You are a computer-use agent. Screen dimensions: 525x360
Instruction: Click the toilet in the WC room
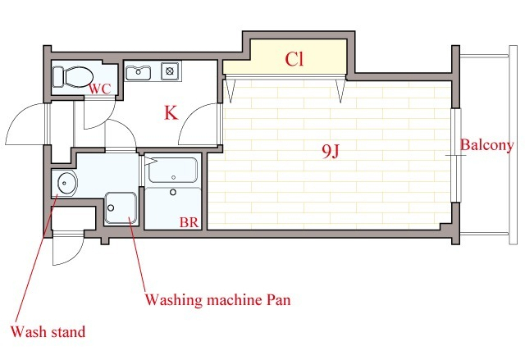pyautogui.click(x=73, y=76)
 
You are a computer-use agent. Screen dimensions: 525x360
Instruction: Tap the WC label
pyautogui.click(x=99, y=89)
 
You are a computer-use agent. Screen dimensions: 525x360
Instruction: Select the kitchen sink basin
pyautogui.click(x=138, y=73)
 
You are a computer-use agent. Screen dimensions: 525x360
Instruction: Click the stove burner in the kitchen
pyautogui.click(x=170, y=71)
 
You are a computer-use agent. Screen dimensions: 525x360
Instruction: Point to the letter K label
pyautogui.click(x=171, y=112)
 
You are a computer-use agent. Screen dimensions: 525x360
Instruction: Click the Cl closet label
pyautogui.click(x=294, y=59)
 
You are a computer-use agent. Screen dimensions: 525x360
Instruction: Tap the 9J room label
pyautogui.click(x=331, y=151)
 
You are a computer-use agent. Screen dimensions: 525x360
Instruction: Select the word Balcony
pyautogui.click(x=486, y=145)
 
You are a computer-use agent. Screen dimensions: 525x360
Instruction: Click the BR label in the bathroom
pyautogui.click(x=189, y=222)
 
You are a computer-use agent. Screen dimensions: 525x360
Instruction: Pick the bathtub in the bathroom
pyautogui.click(x=173, y=171)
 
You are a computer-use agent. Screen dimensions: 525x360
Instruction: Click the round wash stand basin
pyautogui.click(x=66, y=183)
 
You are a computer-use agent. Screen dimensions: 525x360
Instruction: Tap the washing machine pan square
pyautogui.click(x=121, y=208)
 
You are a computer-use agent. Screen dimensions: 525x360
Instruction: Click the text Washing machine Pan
pyautogui.click(x=217, y=300)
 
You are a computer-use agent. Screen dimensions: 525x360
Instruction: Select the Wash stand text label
pyautogui.click(x=48, y=332)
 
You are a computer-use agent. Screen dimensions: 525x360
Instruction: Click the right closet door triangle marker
pyautogui.click(x=340, y=89)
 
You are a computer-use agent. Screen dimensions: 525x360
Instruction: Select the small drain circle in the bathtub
pyautogui.click(x=173, y=177)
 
